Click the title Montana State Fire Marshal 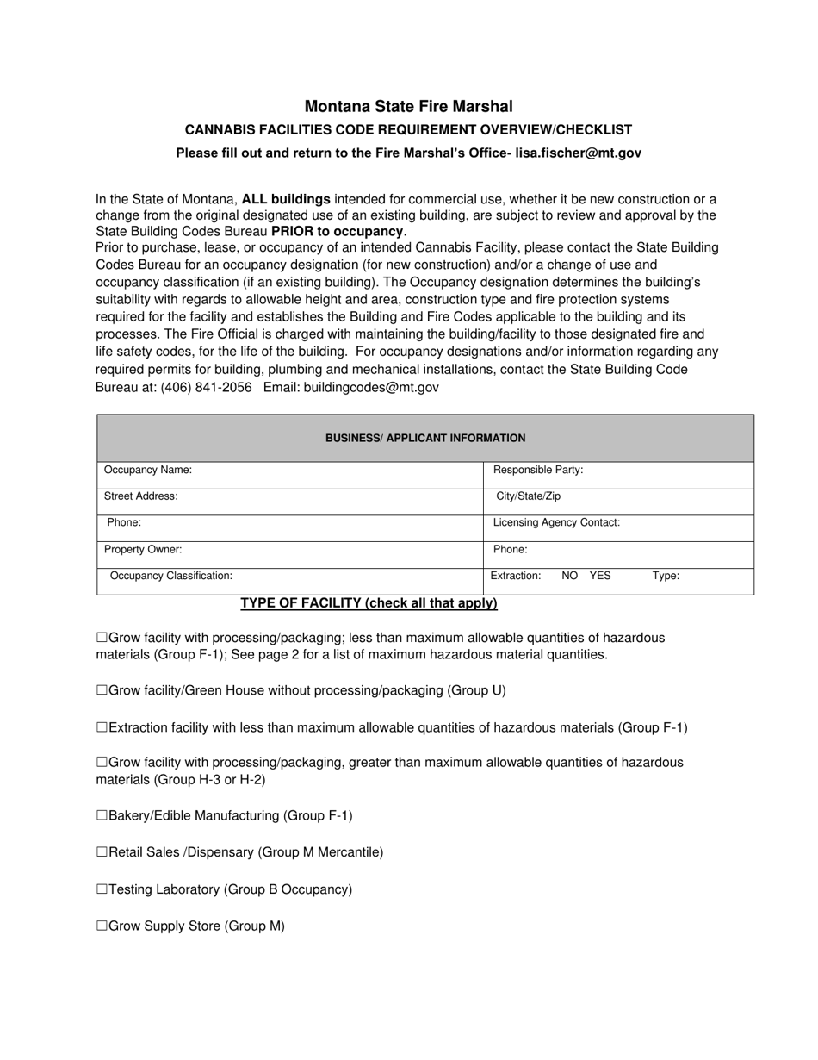point(408,107)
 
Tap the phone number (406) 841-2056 point(206,387)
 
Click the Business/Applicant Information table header point(425,438)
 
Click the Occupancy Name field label point(148,470)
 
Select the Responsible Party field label point(538,470)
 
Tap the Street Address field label point(141,496)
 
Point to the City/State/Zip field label point(529,496)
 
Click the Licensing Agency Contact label point(556,522)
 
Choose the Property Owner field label point(143,549)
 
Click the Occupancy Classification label point(171,576)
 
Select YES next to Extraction point(600,576)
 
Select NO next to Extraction point(569,576)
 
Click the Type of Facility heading point(369,603)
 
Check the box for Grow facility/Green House point(102,690)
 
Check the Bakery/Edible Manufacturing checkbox point(102,815)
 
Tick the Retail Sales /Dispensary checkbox point(102,852)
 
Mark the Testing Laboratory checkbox point(102,889)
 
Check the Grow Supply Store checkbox point(102,926)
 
